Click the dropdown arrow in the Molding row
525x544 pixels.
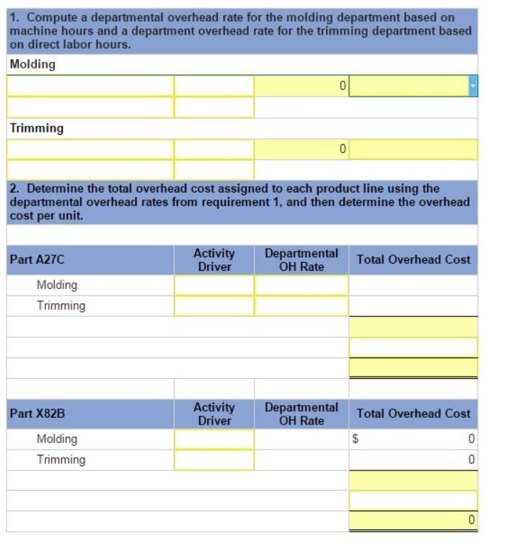(x=473, y=86)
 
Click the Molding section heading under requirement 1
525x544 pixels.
(x=32, y=65)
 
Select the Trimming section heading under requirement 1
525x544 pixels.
(x=36, y=128)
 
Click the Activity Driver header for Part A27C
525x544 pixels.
(x=214, y=260)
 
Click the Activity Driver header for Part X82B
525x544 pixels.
(x=214, y=414)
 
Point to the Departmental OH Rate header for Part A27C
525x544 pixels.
(x=301, y=260)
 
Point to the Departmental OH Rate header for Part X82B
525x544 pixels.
(x=301, y=414)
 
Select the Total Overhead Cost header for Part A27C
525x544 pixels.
(x=413, y=259)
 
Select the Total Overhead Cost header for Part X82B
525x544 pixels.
(x=413, y=414)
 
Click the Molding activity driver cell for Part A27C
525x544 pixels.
(x=214, y=285)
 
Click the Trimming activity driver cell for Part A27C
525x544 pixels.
(x=214, y=306)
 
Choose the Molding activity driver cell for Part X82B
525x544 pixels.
(x=214, y=439)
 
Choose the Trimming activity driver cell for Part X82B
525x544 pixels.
(x=214, y=460)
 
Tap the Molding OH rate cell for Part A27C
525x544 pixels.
(x=301, y=285)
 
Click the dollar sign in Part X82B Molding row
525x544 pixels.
(x=355, y=439)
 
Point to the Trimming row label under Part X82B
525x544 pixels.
(x=61, y=460)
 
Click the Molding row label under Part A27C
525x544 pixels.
(x=57, y=285)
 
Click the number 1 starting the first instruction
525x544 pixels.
(x=14, y=17)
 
